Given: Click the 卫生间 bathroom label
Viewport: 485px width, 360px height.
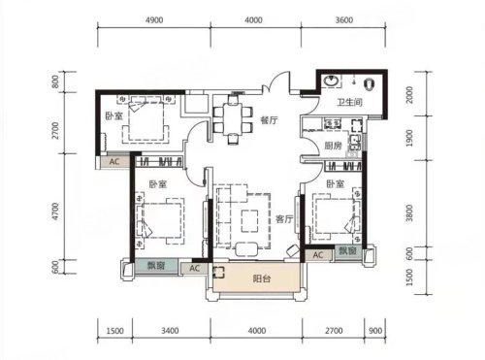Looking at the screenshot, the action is coord(349,103).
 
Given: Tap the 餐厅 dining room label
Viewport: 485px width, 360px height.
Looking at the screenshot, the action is coord(269,120).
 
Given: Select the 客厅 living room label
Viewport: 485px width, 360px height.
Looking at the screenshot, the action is coord(284,219).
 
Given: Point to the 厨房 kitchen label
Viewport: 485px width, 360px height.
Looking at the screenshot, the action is coord(333,146).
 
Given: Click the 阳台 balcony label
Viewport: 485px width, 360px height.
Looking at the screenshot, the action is coord(262,278).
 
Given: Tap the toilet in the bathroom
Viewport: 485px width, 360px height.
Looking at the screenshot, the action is coord(370,84).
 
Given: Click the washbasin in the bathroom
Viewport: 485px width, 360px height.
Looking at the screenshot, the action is coord(331,81).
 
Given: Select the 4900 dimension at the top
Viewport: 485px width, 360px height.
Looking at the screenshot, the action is coord(154,20).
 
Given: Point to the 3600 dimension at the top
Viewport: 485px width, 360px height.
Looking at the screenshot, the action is coord(343,20).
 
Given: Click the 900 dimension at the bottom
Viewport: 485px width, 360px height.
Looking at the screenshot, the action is coord(375,331).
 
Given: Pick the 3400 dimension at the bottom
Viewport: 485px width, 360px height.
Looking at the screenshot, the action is coord(170,331).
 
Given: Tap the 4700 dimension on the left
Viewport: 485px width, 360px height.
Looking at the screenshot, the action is coord(55,212).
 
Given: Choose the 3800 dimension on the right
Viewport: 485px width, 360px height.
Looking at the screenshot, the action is coord(409,213).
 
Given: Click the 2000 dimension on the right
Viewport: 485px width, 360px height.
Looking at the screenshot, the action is coord(409,95).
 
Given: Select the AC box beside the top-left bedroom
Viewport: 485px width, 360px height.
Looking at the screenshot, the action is coord(113,162).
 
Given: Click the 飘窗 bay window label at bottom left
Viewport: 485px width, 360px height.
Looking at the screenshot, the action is coord(156,266).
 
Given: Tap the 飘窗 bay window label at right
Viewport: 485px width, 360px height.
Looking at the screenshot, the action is coord(347,250).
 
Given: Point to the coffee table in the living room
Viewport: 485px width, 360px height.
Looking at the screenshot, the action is coord(249,221).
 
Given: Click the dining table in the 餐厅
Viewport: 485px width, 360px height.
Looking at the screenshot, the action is coord(233,118).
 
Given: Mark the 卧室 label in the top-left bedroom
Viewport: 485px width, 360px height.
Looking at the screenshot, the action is coord(113,115).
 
